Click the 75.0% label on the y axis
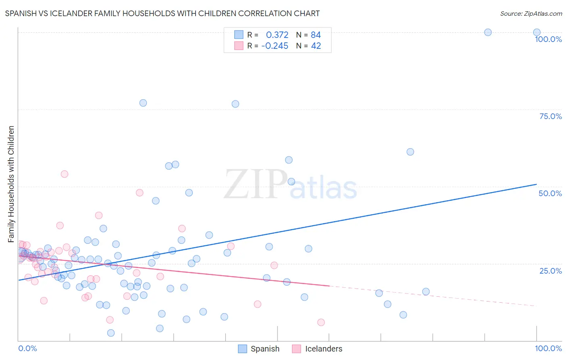pyautogui.click(x=550, y=116)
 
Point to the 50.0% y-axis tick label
pyautogui.click(x=550, y=193)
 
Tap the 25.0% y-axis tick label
pyautogui.click(x=550, y=271)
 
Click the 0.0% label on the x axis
pyautogui.click(x=27, y=348)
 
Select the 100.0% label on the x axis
pyautogui.click(x=548, y=348)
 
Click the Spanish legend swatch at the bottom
pyautogui.click(x=242, y=349)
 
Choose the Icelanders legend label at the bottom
pyautogui.click(x=323, y=349)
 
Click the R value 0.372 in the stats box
pyautogui.click(x=277, y=35)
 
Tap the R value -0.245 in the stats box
pyautogui.click(x=275, y=46)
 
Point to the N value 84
pyautogui.click(x=315, y=35)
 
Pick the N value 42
pyautogui.click(x=316, y=46)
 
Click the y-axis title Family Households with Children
pyautogui.click(x=11, y=184)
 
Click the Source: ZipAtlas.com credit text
pyautogui.click(x=531, y=14)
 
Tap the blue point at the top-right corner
pyautogui.click(x=536, y=32)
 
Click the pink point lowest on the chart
pyautogui.click(x=321, y=322)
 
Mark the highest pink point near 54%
pyautogui.click(x=65, y=174)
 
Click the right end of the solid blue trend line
pyautogui.click(x=536, y=184)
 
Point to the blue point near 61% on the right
pyautogui.click(x=410, y=152)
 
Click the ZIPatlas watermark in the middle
pyautogui.click(x=290, y=185)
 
